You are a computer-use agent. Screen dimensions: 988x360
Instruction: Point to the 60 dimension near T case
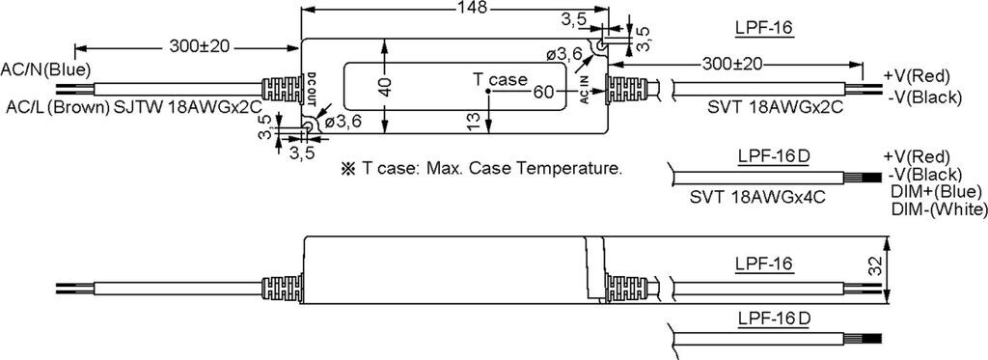(543, 92)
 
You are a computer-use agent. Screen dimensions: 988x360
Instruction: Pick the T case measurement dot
(488, 92)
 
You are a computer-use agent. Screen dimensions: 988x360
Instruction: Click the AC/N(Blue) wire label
(46, 69)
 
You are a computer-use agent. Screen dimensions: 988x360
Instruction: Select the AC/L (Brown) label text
(57, 107)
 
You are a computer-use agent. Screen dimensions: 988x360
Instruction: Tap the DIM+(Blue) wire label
(936, 191)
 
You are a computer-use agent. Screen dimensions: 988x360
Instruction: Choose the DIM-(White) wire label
(939, 209)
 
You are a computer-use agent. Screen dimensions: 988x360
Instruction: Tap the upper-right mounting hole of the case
(600, 45)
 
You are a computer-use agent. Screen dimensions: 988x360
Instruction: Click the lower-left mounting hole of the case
(308, 126)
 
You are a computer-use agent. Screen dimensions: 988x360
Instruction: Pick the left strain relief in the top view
(281, 89)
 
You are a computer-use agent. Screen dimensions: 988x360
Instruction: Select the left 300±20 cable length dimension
(199, 46)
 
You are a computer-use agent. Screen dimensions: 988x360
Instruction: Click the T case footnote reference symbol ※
(347, 168)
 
